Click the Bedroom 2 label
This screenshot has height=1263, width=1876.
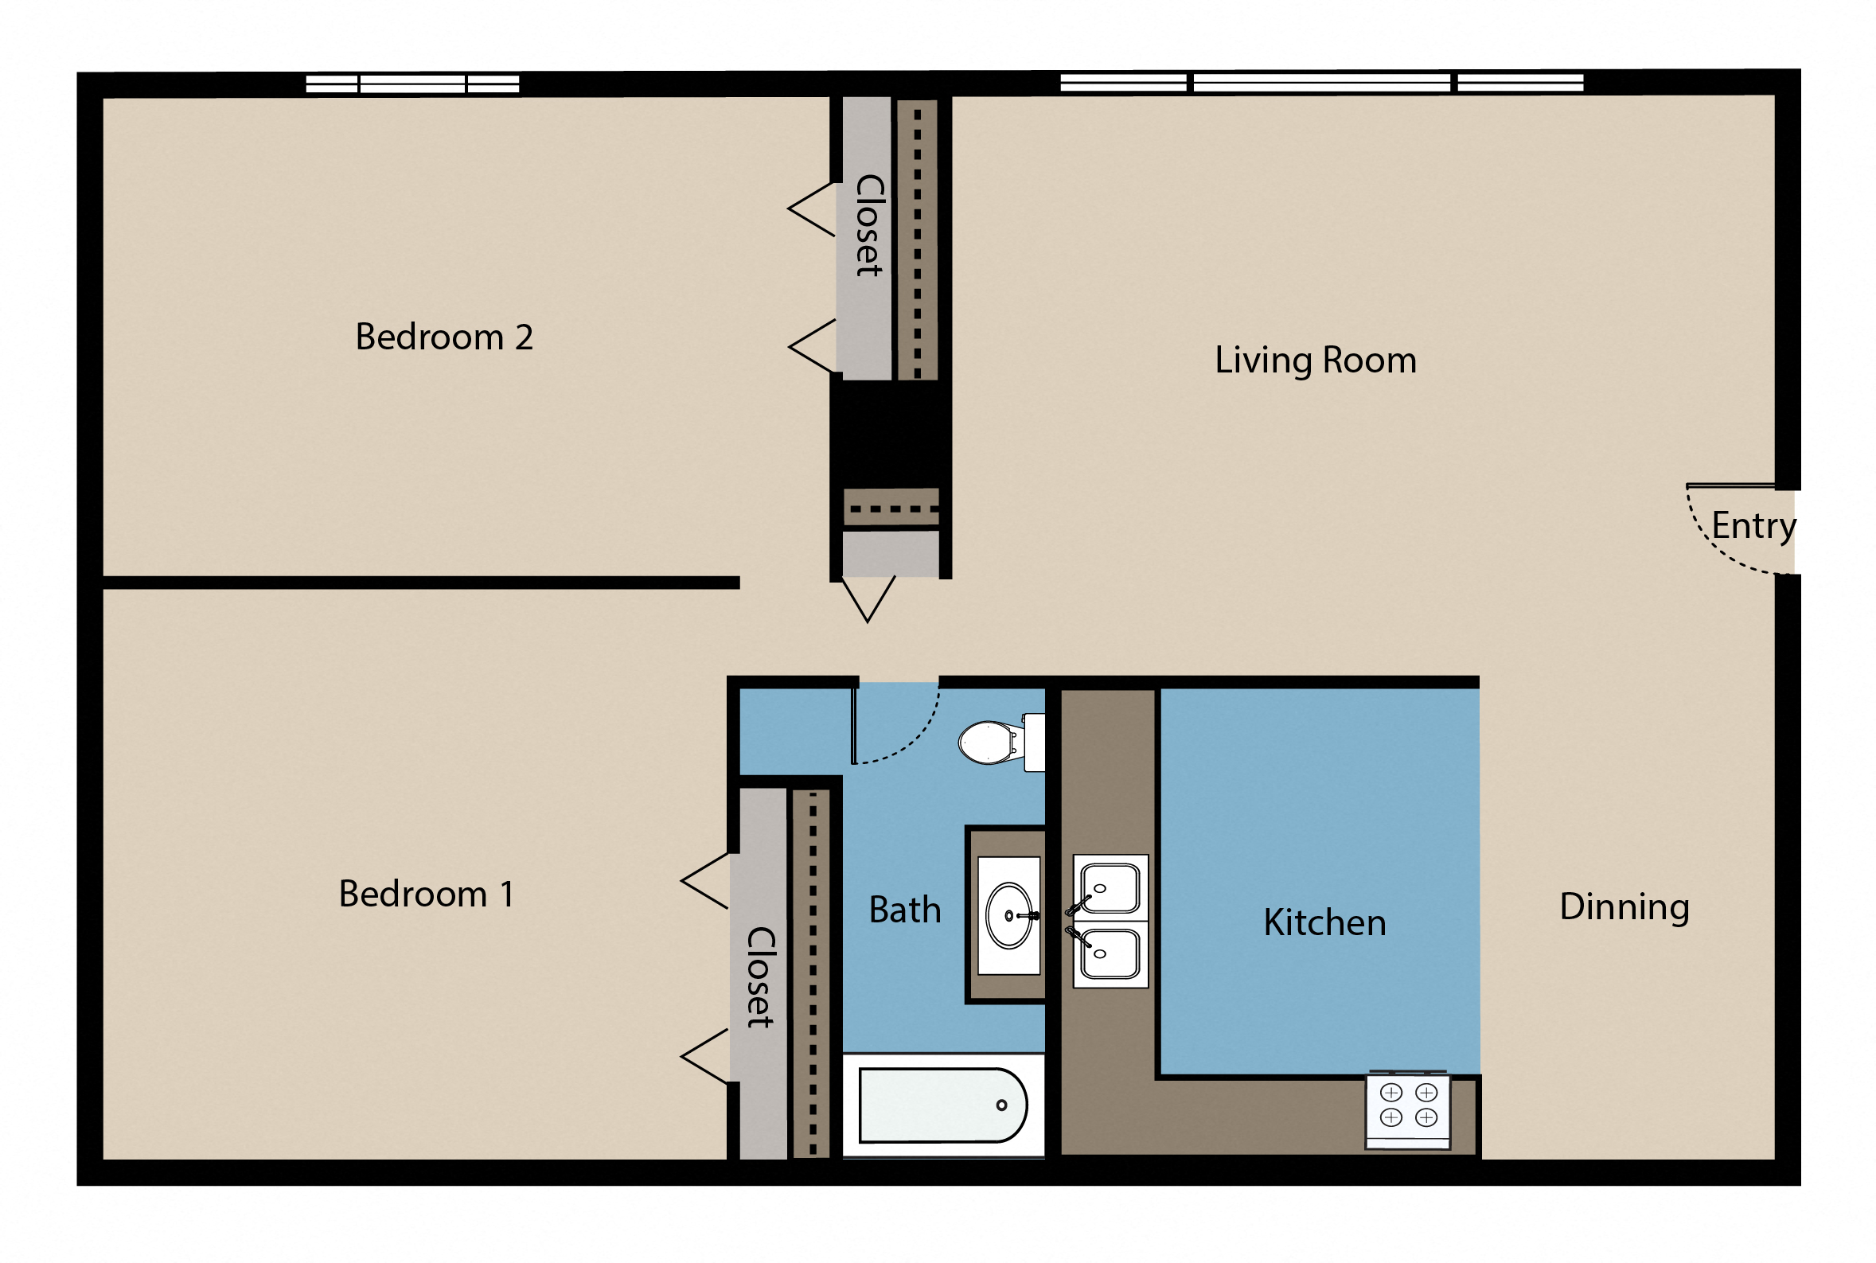pos(444,337)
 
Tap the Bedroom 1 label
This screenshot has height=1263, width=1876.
pos(426,894)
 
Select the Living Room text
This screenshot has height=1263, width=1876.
pos(1315,360)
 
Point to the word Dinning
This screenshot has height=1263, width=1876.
pos(1624,907)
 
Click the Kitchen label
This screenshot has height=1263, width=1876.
pos(1324,922)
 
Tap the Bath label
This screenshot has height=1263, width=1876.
pos(905,910)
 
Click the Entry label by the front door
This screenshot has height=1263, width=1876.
pos(1753,526)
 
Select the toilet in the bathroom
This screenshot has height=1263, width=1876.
pos(995,742)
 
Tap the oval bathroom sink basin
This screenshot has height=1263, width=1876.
pos(1008,915)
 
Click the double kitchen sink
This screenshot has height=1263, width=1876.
pos(1110,921)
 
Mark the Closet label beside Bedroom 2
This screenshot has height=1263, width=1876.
pos(869,225)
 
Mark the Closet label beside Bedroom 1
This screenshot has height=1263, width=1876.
pos(760,977)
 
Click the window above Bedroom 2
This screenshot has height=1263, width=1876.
pos(412,84)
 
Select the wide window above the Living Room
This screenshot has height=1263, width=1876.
pos(1321,82)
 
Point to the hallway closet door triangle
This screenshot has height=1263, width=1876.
pos(868,598)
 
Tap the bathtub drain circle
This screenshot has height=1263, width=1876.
pos(1001,1105)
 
